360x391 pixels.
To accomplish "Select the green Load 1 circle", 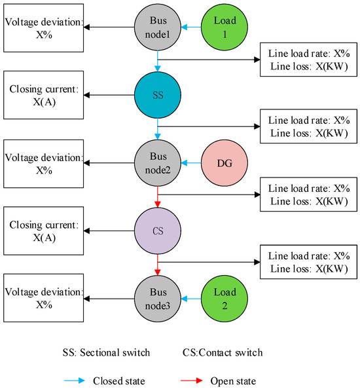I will [x=225, y=28].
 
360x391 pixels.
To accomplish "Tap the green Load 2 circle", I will [x=225, y=299].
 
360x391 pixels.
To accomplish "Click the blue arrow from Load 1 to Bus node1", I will [x=191, y=28].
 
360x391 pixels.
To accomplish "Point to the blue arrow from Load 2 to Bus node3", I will [x=191, y=299].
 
